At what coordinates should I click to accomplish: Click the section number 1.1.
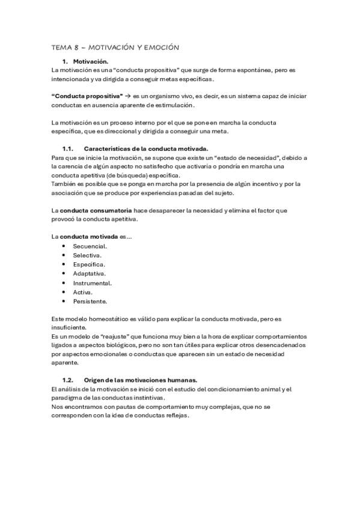pyautogui.click(x=67, y=149)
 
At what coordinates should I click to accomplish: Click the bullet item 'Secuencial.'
pyautogui.click(x=90, y=247)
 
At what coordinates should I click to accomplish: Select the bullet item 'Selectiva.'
pyautogui.click(x=87, y=256)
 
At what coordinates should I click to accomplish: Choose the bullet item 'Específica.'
pyautogui.click(x=89, y=265)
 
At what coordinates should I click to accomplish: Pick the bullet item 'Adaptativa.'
pyautogui.click(x=90, y=274)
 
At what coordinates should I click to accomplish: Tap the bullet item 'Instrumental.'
pyautogui.click(x=93, y=283)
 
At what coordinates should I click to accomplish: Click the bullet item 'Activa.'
pyautogui.click(x=83, y=292)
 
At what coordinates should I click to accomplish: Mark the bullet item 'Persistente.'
pyautogui.click(x=90, y=301)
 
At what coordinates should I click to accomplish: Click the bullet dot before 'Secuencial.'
pyautogui.click(x=64, y=247)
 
